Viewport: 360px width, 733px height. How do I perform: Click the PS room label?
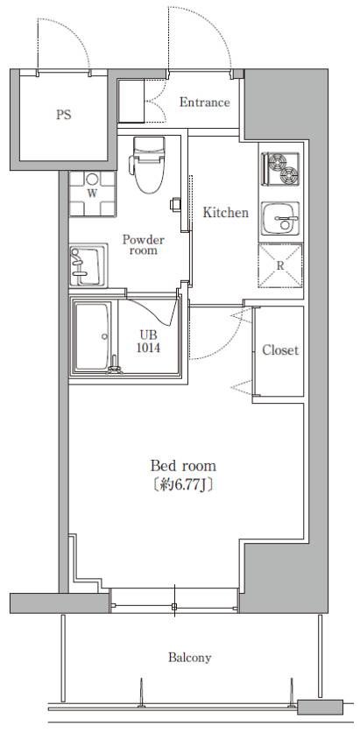pyautogui.click(x=64, y=115)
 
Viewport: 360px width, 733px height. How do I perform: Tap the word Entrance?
pyautogui.click(x=204, y=102)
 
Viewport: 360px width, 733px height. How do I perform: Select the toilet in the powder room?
pyautogui.click(x=148, y=164)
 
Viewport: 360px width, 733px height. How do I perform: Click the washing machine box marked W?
pyautogui.click(x=92, y=193)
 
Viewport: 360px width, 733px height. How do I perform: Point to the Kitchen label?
pyautogui.click(x=225, y=213)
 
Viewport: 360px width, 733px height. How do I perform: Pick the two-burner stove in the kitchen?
pyautogui.click(x=280, y=168)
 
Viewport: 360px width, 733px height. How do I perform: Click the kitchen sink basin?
pyautogui.click(x=280, y=218)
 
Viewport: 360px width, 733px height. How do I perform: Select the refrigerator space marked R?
pyautogui.click(x=280, y=265)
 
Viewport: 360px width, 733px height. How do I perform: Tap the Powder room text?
pyautogui.click(x=144, y=245)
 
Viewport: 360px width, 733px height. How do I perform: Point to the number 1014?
pyautogui.click(x=148, y=348)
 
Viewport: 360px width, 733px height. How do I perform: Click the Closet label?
pyautogui.click(x=280, y=349)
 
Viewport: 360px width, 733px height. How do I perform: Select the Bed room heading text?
pyautogui.click(x=183, y=466)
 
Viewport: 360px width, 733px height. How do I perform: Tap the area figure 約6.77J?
pyautogui.click(x=183, y=485)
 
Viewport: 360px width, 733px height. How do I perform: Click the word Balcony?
pyautogui.click(x=190, y=658)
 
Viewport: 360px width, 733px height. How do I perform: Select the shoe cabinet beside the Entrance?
pyautogui.click(x=131, y=102)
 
